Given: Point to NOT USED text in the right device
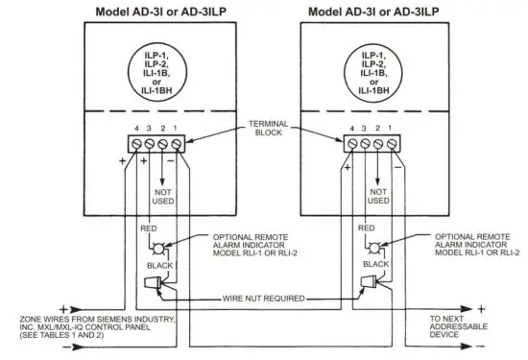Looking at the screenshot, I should pyautogui.click(x=377, y=197).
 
